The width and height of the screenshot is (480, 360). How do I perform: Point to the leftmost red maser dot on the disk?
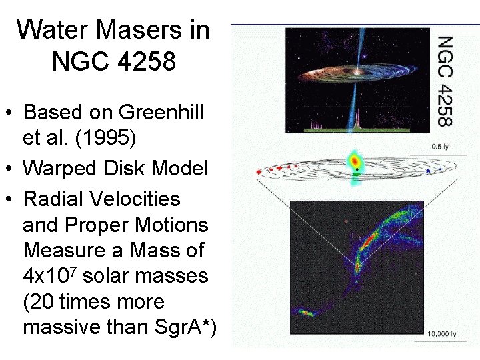[x=259, y=172]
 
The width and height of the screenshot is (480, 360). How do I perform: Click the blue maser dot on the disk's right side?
[x=427, y=171]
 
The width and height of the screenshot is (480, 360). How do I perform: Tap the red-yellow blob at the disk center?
[x=355, y=161]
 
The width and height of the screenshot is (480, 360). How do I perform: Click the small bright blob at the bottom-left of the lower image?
[x=305, y=311]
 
